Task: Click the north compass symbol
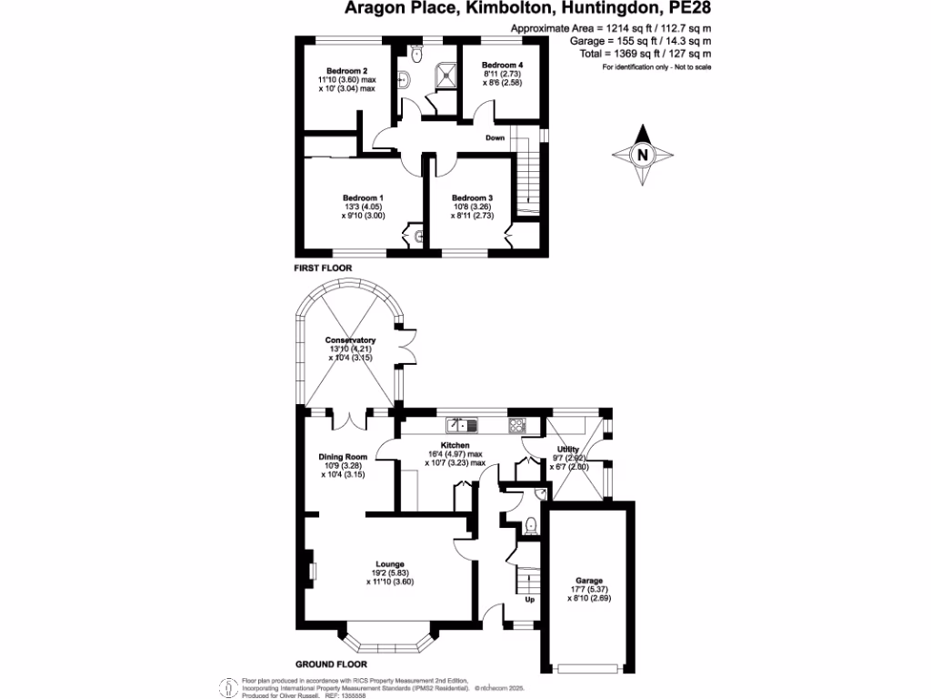643,155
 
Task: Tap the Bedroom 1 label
363,198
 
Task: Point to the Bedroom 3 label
472,198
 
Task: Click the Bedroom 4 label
503,66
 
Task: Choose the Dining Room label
343,456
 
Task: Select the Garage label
588,581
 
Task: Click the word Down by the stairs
495,138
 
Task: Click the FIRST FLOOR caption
322,268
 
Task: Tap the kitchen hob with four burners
517,424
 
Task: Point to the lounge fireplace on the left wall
310,571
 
